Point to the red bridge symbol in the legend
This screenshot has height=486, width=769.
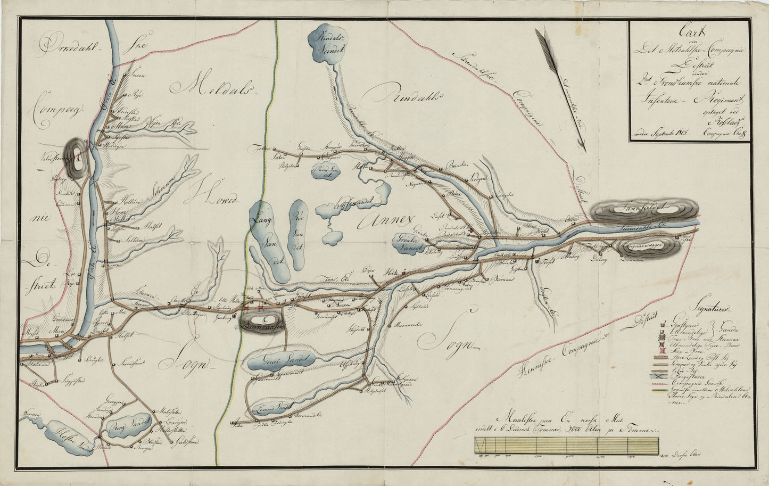click(x=661, y=350)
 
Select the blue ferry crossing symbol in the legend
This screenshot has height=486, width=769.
click(x=662, y=376)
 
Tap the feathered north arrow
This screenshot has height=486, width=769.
click(x=560, y=88)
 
